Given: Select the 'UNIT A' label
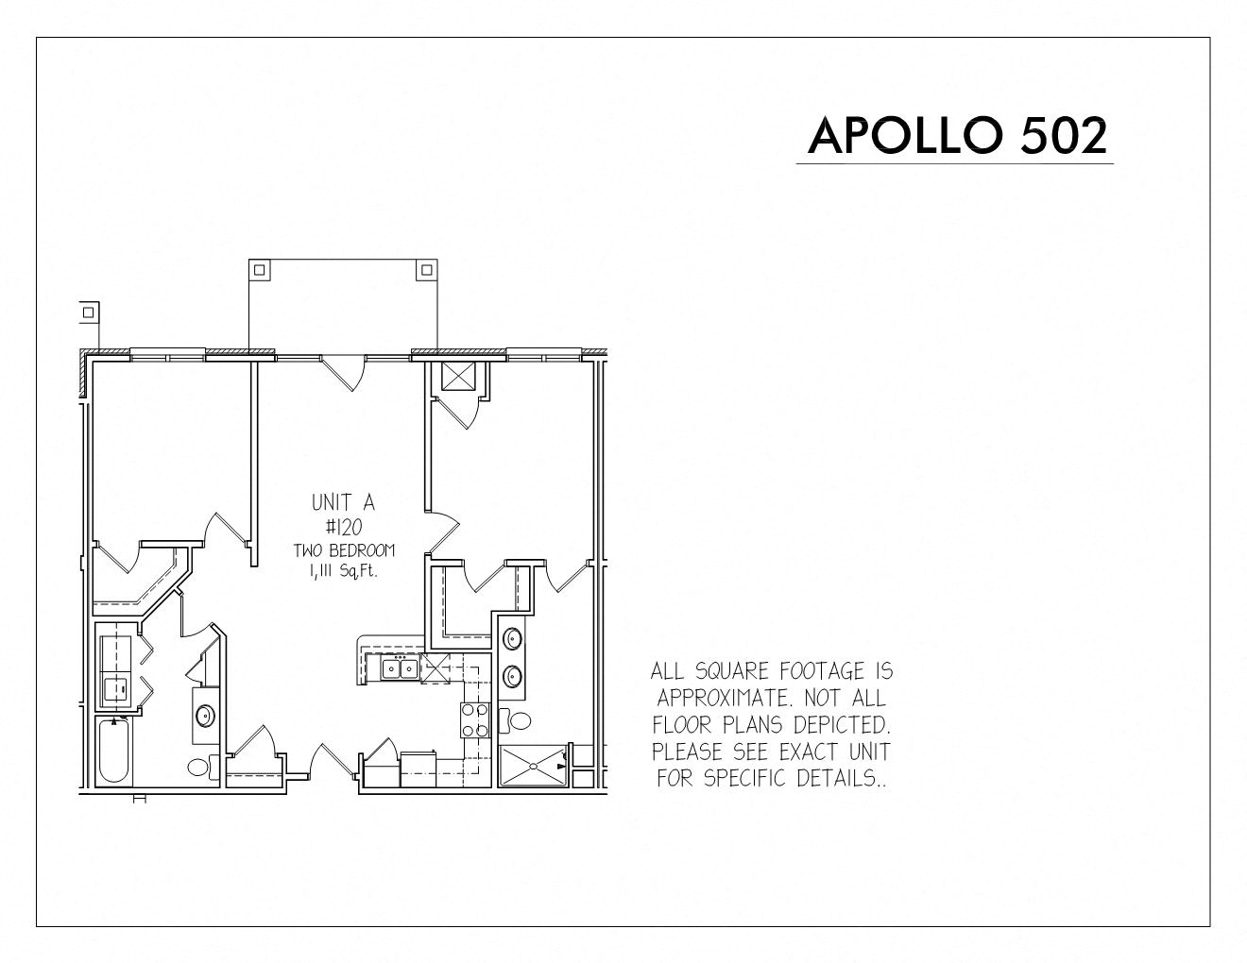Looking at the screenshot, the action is click(343, 502).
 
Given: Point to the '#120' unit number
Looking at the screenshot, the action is click(344, 526).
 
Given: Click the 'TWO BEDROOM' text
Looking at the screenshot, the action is click(344, 550).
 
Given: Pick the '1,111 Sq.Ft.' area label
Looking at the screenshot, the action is click(344, 572).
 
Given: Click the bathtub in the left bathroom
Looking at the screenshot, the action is click(113, 751).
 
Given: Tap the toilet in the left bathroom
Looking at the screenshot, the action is click(203, 768).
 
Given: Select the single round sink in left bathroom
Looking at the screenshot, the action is click(205, 716).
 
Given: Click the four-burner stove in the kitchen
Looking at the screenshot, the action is click(475, 719).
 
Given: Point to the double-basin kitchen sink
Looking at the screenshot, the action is click(401, 668).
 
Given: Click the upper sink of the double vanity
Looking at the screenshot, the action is click(512, 637).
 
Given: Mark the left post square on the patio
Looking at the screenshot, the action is click(260, 270).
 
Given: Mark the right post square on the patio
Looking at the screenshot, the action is click(426, 270).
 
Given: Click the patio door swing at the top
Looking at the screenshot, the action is click(343, 373).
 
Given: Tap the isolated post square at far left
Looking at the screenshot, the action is click(88, 312).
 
